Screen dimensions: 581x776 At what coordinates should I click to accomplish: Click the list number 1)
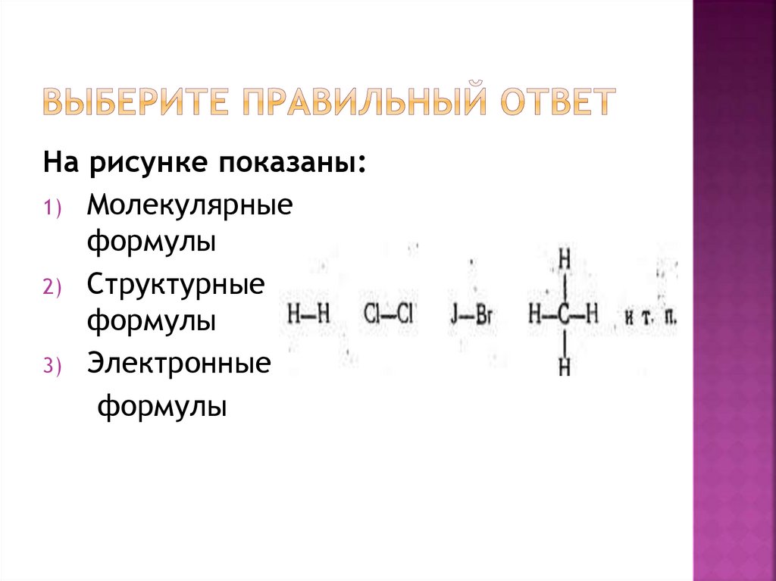(55, 208)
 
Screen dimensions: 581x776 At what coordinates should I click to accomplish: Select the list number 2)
(55, 288)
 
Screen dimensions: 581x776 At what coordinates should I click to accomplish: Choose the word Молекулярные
(189, 205)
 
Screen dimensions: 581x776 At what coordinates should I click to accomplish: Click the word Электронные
(178, 363)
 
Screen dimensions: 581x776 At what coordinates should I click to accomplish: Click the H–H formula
(308, 314)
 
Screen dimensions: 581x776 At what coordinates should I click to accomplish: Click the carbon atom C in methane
(564, 314)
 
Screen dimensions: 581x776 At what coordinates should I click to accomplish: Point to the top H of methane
(564, 260)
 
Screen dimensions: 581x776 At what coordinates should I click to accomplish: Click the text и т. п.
(650, 315)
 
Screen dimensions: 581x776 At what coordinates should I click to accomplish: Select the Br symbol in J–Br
(483, 314)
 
